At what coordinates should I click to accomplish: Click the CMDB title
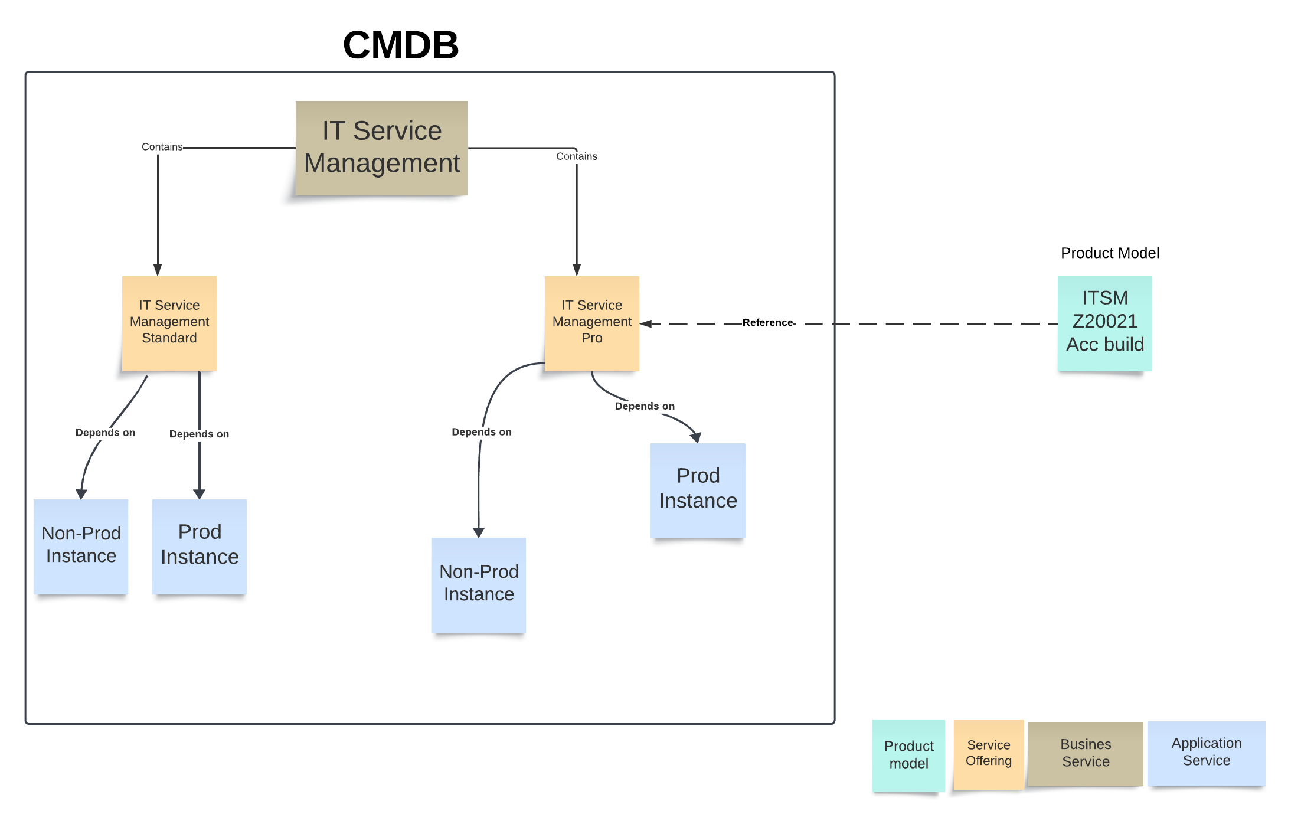(401, 45)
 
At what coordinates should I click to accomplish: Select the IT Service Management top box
(381, 148)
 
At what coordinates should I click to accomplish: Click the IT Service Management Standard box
(169, 323)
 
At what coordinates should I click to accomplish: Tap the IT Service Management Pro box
(591, 323)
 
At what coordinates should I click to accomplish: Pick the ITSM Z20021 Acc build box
(1104, 323)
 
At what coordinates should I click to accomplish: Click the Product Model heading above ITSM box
(1110, 253)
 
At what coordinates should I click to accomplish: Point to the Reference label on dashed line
(767, 322)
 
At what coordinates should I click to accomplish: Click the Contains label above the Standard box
(162, 147)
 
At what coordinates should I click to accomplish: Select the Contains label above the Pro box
(577, 156)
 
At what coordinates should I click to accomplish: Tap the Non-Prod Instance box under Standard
(81, 546)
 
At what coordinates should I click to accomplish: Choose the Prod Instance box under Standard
(200, 546)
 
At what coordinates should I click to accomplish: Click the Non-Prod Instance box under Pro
(479, 584)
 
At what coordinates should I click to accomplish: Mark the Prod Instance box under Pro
(698, 490)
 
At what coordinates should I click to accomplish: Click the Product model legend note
(908, 755)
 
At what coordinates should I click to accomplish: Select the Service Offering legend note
(989, 754)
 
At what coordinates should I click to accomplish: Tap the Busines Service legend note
(1086, 754)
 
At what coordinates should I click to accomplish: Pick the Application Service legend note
(1206, 753)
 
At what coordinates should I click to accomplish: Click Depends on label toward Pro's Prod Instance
(645, 406)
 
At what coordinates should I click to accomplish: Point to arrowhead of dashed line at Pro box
(645, 323)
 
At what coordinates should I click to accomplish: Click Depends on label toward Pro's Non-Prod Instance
(482, 432)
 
